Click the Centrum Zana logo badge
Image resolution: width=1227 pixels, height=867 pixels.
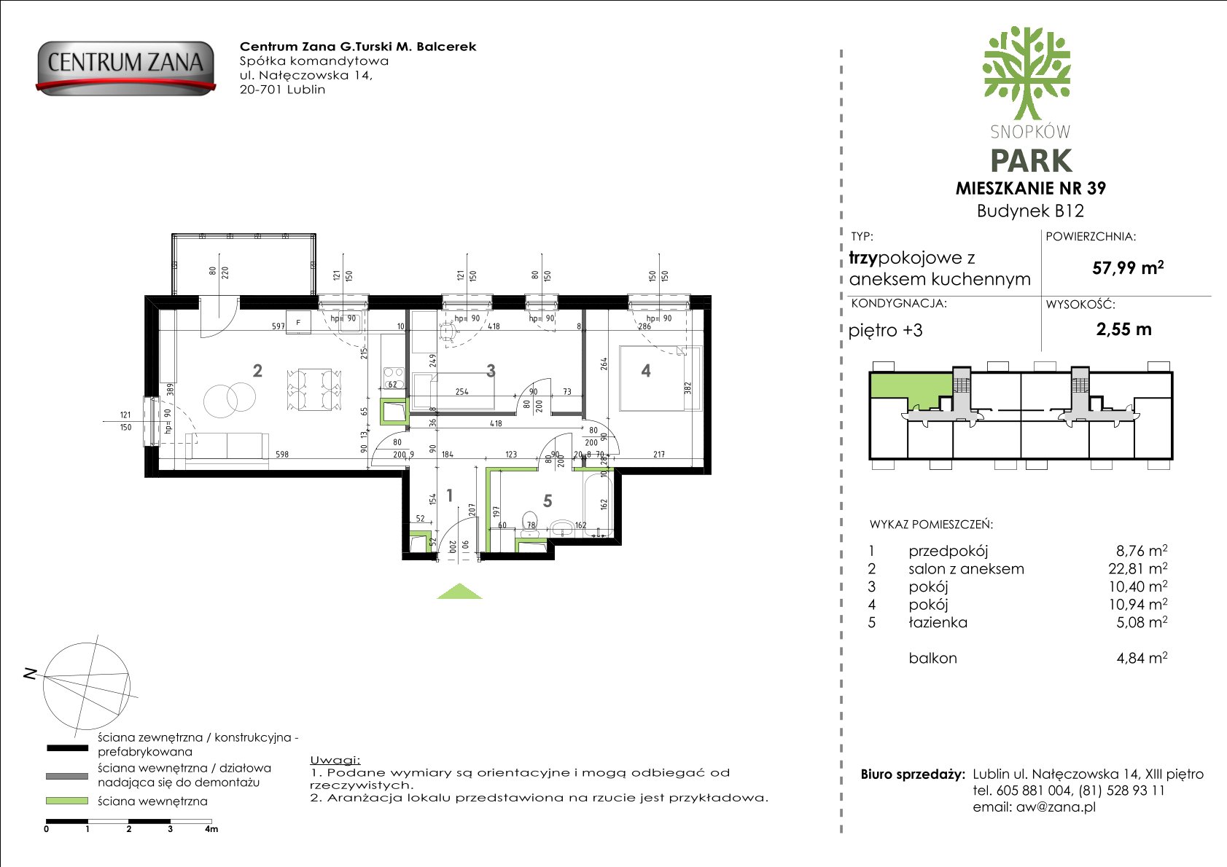click(125, 68)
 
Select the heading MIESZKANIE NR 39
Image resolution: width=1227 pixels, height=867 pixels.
click(1030, 188)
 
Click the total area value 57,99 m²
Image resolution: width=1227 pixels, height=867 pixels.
click(1127, 267)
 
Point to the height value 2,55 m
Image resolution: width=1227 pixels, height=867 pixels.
click(1123, 329)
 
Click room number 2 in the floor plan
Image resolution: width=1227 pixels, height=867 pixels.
click(257, 371)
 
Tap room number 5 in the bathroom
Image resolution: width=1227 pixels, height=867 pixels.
click(548, 501)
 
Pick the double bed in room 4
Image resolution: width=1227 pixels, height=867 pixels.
click(660, 378)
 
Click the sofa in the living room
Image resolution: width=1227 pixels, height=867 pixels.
click(227, 450)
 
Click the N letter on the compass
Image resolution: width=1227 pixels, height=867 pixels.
click(31, 674)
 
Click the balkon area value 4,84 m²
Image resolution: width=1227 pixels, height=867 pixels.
click(1142, 657)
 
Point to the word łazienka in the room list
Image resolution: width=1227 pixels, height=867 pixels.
click(938, 622)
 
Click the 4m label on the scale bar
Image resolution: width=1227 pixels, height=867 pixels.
click(211, 829)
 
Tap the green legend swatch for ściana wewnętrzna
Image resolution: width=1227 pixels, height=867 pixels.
click(67, 801)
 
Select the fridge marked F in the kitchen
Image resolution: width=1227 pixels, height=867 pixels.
click(298, 322)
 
